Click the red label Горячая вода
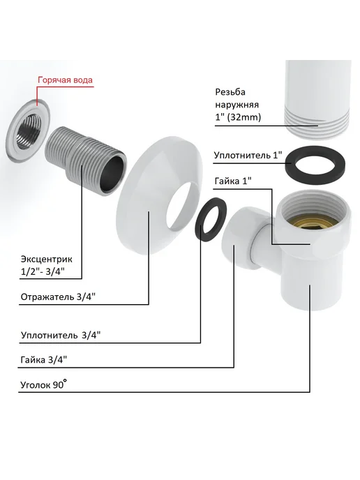point(65,80)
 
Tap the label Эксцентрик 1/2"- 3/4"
point(47,265)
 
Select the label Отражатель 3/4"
point(58,297)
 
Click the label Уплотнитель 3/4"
point(61,335)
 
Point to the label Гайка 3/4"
point(44,359)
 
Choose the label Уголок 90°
point(44,384)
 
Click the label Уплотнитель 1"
point(248,155)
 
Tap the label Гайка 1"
point(233,181)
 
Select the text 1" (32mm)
point(238,117)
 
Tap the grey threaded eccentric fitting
point(87,160)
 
